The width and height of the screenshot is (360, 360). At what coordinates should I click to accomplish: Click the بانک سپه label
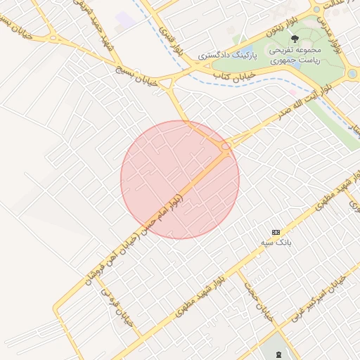(281, 242)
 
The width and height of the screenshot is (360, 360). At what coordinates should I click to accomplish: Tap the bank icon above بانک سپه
(276, 231)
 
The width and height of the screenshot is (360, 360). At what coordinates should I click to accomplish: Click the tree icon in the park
(294, 39)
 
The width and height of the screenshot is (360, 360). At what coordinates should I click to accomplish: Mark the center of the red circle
(180, 179)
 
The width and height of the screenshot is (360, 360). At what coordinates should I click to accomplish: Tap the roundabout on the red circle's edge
(226, 146)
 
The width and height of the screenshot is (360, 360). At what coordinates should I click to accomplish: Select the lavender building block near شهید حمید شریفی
(126, 19)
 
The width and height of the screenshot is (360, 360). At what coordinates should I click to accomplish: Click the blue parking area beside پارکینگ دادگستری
(247, 49)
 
